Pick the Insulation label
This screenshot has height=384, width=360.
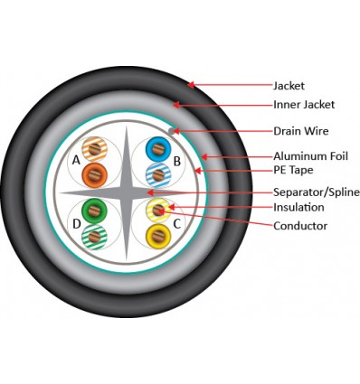[x=298, y=208]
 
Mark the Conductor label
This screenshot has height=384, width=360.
[x=299, y=226]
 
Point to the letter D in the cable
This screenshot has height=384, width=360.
[x=77, y=222]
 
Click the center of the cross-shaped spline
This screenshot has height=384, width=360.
[x=127, y=192]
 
